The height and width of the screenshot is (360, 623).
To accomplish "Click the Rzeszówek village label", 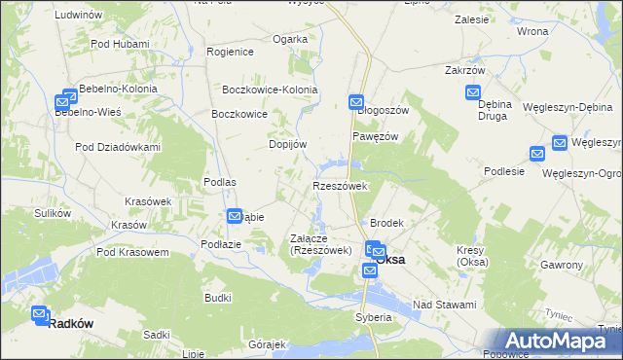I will (339, 186).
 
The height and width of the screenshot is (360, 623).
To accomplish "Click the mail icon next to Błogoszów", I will (356, 100).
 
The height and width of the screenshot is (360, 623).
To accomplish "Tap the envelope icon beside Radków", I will (39, 314).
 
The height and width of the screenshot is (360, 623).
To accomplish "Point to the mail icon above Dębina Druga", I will (474, 93).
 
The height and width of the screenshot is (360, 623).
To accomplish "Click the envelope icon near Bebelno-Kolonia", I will (69, 97).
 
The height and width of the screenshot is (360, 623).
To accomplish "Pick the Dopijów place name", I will (288, 144).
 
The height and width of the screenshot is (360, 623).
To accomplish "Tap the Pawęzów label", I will (375, 136).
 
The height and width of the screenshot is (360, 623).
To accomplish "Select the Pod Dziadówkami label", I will (118, 147).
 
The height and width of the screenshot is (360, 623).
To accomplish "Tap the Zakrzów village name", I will (464, 71).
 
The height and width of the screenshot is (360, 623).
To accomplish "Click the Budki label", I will (217, 297).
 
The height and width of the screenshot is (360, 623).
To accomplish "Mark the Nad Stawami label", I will (444, 305).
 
